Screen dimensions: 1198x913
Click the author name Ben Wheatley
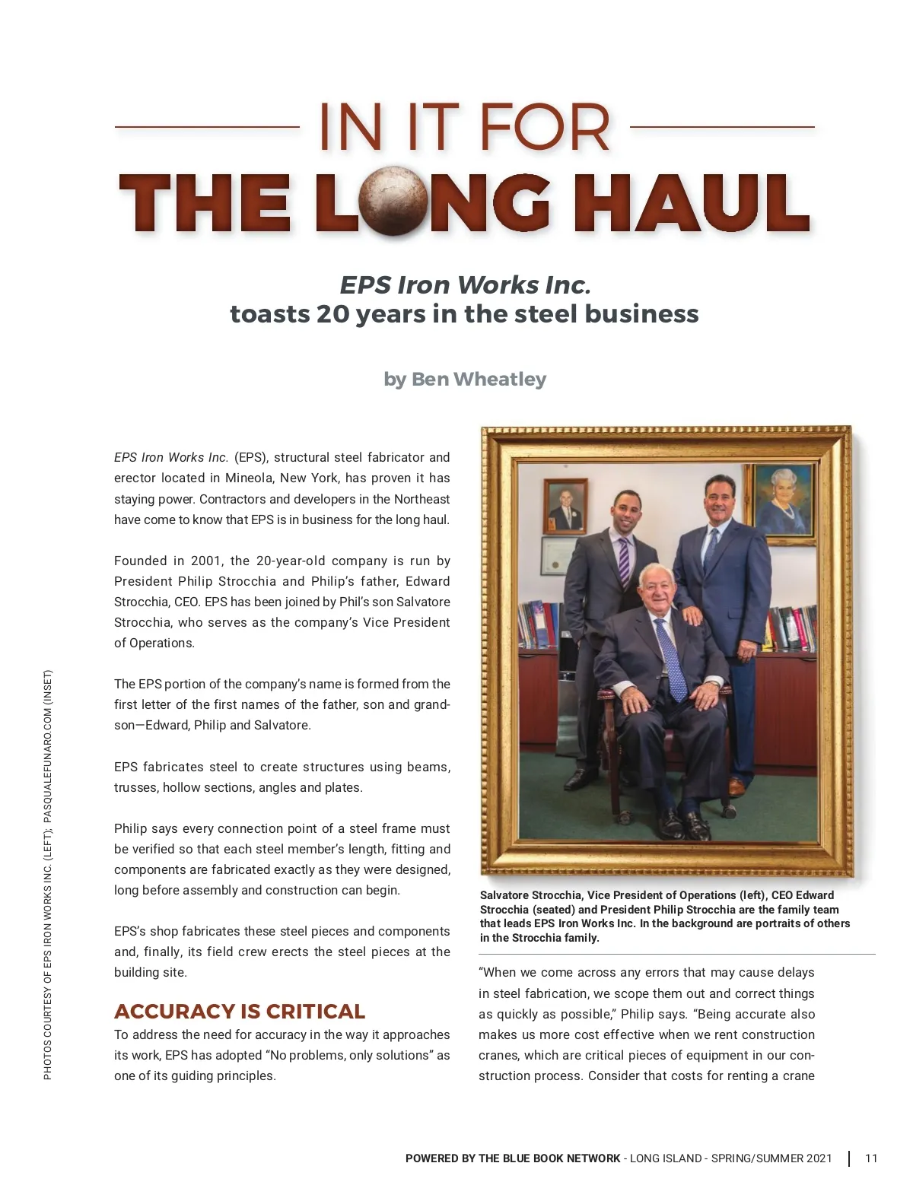[479, 379]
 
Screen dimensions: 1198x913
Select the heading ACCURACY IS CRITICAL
[240, 1011]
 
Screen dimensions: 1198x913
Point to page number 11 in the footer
[871, 1158]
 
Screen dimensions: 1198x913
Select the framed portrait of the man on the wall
[565, 505]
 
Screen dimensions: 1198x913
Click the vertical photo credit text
[48, 875]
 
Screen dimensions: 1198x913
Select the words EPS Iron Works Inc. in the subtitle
[465, 284]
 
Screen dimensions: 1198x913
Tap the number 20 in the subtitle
[332, 313]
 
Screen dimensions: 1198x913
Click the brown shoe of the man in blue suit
[735, 786]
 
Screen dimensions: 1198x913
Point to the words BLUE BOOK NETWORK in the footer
[561, 1158]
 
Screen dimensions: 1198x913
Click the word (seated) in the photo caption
[553, 909]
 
